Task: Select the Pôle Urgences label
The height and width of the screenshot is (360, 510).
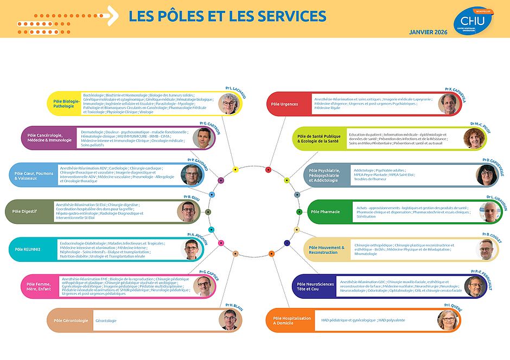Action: point(284,104)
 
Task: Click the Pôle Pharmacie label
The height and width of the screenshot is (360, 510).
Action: point(325,211)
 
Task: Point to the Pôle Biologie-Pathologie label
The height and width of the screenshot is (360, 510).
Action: point(67,103)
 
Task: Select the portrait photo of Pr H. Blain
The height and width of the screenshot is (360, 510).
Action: point(229,320)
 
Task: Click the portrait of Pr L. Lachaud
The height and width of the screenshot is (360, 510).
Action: point(229,103)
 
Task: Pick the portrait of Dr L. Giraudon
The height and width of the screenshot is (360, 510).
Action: point(489,211)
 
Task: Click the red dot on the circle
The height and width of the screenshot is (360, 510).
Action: point(268,170)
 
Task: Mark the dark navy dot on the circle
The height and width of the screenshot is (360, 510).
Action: point(287,243)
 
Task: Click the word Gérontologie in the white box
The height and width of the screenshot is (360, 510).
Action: point(106,320)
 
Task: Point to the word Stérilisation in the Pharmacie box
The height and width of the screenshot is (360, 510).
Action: point(366,216)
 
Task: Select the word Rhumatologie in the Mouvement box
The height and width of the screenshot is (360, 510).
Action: point(366,254)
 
